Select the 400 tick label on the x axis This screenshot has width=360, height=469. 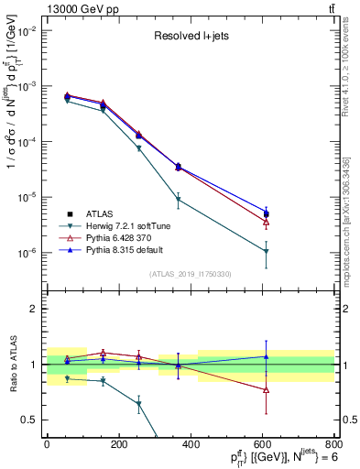191,446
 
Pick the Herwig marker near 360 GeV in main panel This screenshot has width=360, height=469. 178,199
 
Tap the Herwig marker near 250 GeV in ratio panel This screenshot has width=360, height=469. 138,403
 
